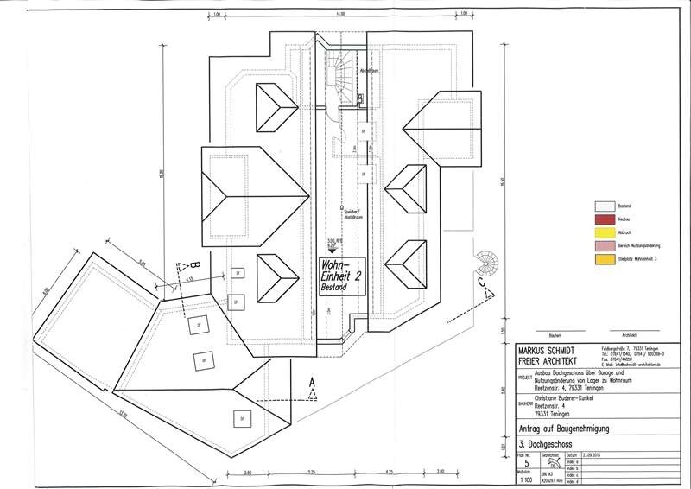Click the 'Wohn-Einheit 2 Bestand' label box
(340, 277)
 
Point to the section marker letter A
(313, 381)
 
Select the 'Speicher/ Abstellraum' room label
(352, 212)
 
